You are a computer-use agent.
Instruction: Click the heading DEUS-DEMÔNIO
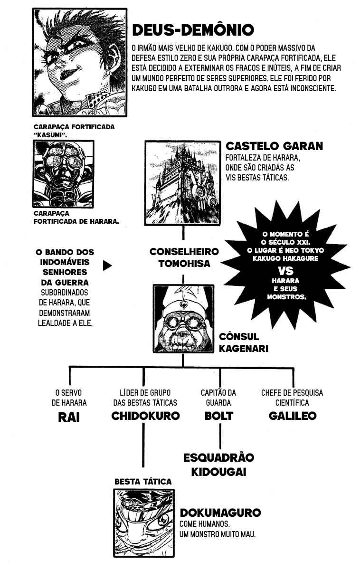193,30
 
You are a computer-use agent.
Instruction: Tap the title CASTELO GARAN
274,146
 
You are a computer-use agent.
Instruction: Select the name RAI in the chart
69,418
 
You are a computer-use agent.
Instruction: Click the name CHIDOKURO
145,416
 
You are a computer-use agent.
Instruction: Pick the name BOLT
219,416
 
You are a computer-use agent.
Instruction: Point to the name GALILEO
293,416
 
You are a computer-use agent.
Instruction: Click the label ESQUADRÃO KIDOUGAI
218,465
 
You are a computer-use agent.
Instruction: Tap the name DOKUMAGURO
220,513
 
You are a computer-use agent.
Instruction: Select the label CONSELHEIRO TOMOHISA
184,257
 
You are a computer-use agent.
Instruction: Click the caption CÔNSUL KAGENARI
244,342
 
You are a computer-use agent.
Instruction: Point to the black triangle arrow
107,266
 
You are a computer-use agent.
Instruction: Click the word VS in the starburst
285,271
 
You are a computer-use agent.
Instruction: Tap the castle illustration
183,182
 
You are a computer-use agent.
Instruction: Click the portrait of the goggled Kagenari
183,319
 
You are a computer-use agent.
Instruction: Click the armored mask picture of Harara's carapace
63,174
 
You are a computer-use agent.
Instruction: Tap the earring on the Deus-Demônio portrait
111,73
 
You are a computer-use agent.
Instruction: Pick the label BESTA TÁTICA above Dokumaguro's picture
143,482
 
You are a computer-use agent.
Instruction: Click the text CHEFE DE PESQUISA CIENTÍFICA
292,398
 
